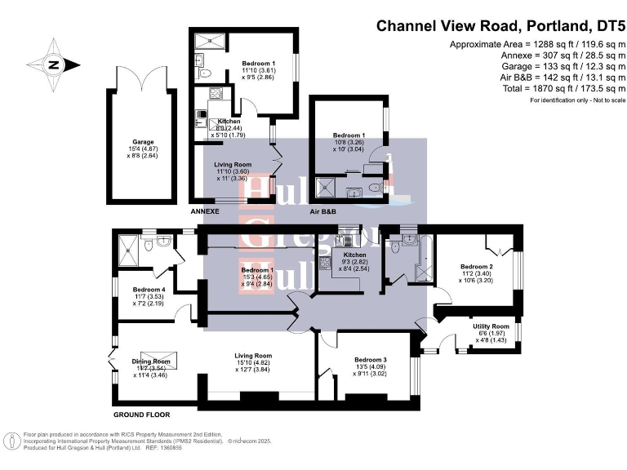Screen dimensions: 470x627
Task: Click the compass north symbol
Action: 55,65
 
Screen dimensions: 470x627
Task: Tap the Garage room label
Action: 142,142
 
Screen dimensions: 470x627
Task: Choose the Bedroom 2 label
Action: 476,267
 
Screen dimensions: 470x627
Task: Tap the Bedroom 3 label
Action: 370,360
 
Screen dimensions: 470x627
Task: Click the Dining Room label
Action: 151,361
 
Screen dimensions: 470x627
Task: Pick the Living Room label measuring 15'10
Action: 253,356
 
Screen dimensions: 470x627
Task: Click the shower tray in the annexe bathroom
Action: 209,40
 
